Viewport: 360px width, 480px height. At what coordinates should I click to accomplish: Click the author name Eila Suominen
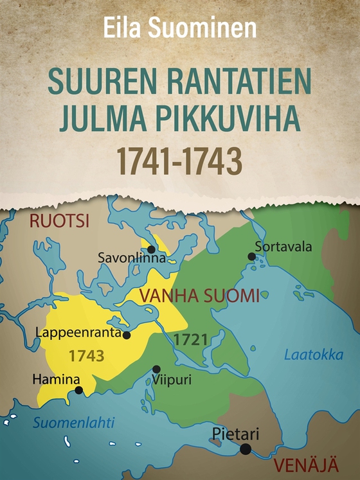pyautogui.click(x=180, y=28)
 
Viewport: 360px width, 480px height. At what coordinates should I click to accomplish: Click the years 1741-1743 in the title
pyautogui.click(x=180, y=162)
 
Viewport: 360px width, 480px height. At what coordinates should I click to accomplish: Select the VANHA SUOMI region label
pyautogui.click(x=200, y=296)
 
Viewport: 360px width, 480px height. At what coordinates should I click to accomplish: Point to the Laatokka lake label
pyautogui.click(x=314, y=355)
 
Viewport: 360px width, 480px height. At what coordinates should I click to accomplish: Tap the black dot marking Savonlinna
pyautogui.click(x=151, y=249)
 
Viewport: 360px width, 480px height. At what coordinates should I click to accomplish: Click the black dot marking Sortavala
pyautogui.click(x=252, y=256)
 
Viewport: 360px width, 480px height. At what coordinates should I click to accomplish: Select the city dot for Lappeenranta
pyautogui.click(x=127, y=335)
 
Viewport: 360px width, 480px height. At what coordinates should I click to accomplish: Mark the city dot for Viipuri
pyautogui.click(x=156, y=369)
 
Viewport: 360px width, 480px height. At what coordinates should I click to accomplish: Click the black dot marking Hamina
pyautogui.click(x=78, y=390)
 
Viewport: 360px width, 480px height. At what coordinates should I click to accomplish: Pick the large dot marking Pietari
pyautogui.click(x=246, y=449)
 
